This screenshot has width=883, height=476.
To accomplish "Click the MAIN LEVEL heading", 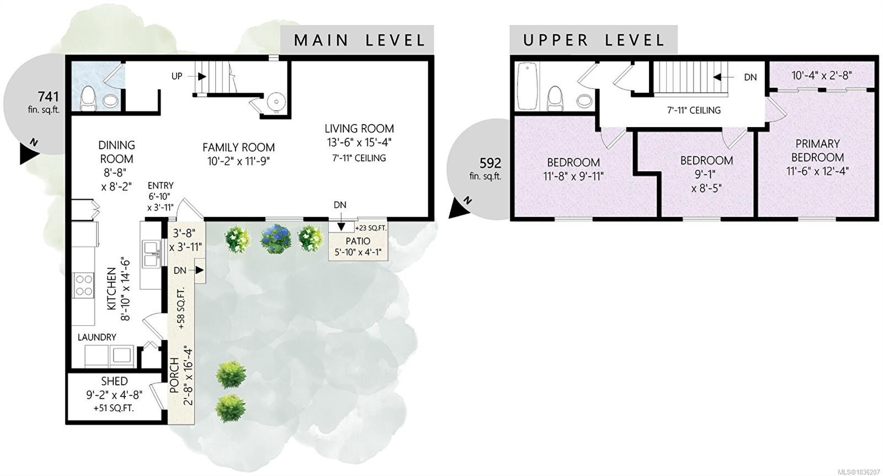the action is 359,40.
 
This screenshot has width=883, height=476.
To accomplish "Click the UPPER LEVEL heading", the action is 594,40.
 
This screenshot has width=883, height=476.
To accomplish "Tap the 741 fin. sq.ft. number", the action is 48,97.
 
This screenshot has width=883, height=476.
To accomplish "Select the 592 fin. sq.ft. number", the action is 490,163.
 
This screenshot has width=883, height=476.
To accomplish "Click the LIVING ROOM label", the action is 359,129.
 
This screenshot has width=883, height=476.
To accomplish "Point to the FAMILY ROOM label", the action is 238,147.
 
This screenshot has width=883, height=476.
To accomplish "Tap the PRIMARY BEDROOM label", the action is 817,150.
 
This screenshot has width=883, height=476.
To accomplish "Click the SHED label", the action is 114,382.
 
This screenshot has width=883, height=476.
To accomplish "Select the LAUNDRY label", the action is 97,337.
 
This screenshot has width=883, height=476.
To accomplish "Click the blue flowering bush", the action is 276,239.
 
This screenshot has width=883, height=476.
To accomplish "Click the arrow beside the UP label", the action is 201,76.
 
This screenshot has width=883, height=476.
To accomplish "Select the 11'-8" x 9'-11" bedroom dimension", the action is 573,176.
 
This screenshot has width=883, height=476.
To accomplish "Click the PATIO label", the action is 358,241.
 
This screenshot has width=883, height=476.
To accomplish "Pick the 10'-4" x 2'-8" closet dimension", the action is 822,75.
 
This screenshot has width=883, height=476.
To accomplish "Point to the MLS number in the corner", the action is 861,472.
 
